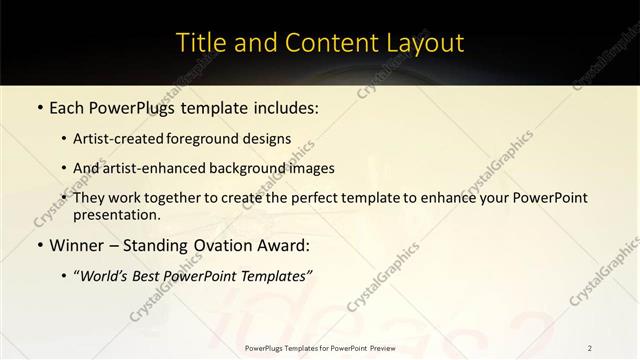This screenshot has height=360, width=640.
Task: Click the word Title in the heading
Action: [200, 43]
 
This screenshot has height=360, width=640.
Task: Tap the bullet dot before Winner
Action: [38, 245]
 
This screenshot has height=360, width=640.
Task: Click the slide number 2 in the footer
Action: [590, 347]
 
